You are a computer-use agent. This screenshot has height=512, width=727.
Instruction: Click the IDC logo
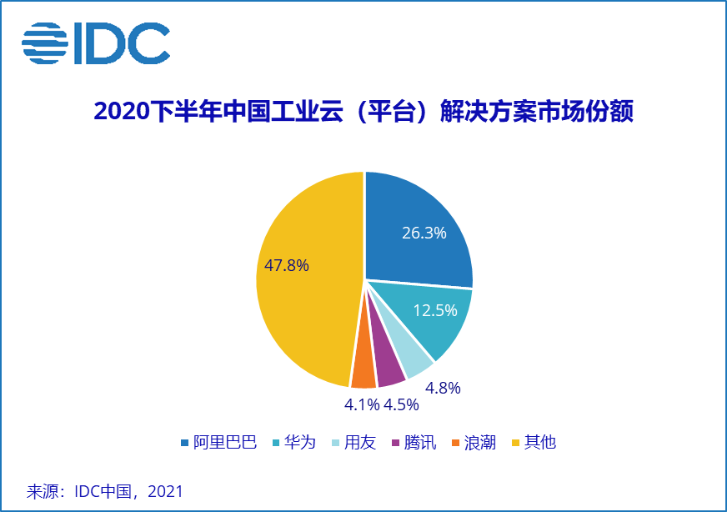96,43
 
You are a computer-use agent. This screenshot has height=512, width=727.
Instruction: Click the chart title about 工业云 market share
363,113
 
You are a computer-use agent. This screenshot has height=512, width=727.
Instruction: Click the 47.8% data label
286,266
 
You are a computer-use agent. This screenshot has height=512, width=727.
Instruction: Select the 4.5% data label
400,406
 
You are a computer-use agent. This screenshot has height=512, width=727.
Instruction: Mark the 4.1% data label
361,406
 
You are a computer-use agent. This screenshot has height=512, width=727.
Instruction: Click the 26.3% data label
424,233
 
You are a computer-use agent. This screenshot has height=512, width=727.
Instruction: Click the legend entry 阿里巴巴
218,443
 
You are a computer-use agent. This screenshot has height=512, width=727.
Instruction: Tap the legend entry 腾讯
413,443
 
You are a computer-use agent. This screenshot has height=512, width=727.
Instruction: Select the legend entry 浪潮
473,443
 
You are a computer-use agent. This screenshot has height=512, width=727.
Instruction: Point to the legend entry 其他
533,443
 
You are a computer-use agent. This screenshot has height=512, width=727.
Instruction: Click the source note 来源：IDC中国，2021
105,490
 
